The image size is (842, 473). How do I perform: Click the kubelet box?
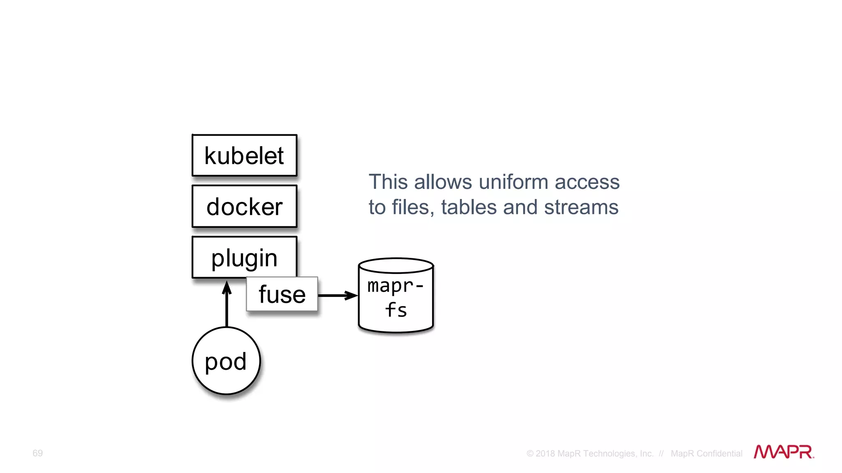244,156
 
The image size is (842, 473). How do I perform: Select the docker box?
244,207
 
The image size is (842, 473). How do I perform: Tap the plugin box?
244,257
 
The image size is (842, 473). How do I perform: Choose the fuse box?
282,294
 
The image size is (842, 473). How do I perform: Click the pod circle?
226,361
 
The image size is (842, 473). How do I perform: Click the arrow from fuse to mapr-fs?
337,295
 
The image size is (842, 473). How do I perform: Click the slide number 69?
37,453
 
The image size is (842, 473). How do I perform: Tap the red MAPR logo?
783,452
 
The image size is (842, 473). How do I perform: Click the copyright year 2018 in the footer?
545,454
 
